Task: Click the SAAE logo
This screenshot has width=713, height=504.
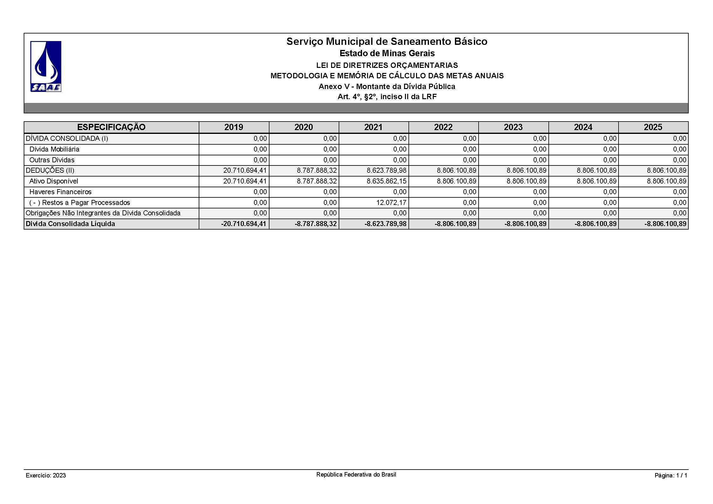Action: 46,66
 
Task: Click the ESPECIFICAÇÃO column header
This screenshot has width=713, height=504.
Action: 111,127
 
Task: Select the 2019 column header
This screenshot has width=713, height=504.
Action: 234,127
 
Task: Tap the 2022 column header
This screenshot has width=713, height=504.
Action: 443,127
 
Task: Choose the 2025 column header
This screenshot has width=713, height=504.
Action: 653,127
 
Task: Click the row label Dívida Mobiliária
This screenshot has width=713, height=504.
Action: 54,149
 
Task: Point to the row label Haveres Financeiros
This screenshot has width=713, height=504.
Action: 60,192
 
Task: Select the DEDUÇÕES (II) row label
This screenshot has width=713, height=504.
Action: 50,171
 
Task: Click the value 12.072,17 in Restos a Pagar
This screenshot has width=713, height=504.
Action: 391,202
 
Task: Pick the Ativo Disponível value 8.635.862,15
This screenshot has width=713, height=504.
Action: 387,181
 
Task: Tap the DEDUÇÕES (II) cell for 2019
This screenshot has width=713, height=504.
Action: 245,171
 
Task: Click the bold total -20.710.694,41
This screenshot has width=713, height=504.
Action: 244,224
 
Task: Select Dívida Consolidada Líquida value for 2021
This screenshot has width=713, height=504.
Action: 385,224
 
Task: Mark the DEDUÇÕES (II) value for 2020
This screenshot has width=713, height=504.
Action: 317,171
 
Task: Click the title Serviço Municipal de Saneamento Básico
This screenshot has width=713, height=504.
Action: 387,41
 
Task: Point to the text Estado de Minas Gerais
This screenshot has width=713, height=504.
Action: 387,53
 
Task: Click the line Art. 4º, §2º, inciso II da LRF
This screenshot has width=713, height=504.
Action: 387,97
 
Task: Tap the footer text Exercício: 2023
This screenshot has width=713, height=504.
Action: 46,476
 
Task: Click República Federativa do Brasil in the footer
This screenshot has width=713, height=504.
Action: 356,475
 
